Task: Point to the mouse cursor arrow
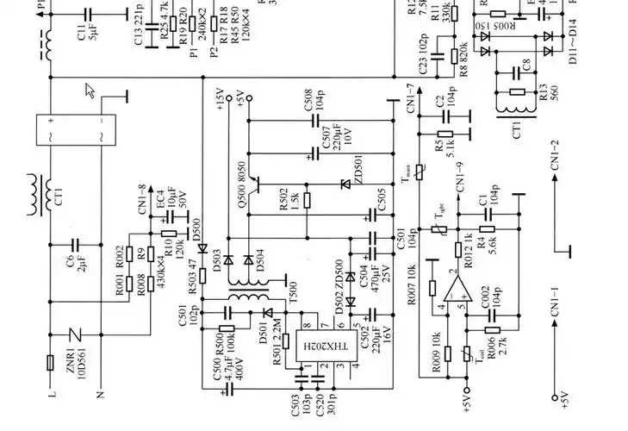click(90, 91)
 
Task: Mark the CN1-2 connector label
click(555, 156)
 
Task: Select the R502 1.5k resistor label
click(289, 200)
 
